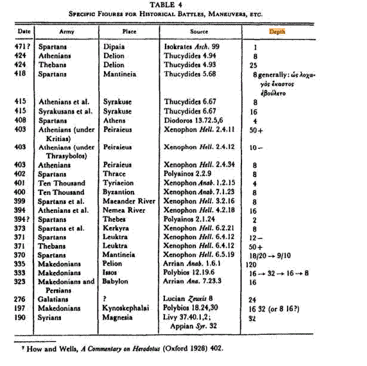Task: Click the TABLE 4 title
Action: point(183,5)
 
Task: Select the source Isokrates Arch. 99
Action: point(192,45)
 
